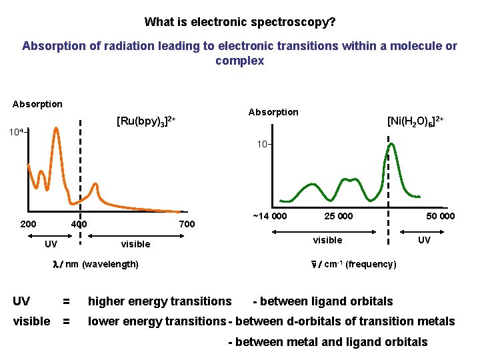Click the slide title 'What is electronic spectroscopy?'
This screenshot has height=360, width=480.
(240, 22)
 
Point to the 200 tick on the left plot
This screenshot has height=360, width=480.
(28, 224)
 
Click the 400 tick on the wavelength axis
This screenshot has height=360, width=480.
(79, 224)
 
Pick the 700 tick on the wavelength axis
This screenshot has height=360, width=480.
(187, 224)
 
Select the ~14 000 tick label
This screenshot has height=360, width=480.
(269, 216)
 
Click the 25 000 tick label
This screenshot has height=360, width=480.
(339, 216)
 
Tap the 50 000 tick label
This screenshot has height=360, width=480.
(440, 216)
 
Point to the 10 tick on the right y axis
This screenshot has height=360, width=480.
(262, 145)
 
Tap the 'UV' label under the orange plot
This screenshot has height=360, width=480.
(51, 244)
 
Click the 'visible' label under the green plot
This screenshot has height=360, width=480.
(327, 240)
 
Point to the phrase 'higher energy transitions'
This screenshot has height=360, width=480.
(159, 302)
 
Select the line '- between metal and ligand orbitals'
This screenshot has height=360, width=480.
(328, 342)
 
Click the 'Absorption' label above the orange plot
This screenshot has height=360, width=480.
(37, 104)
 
